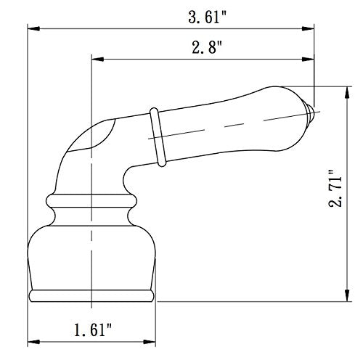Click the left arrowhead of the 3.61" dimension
pos(32,29)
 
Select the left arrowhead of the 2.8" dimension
pos(94,61)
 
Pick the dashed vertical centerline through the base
pos(91,218)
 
